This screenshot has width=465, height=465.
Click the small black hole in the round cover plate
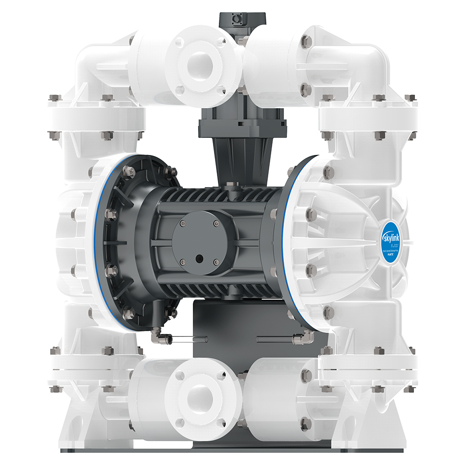[x=198, y=257]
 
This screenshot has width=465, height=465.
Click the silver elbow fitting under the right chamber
[x=301, y=338]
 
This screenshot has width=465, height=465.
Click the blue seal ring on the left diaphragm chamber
[x=94, y=236]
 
